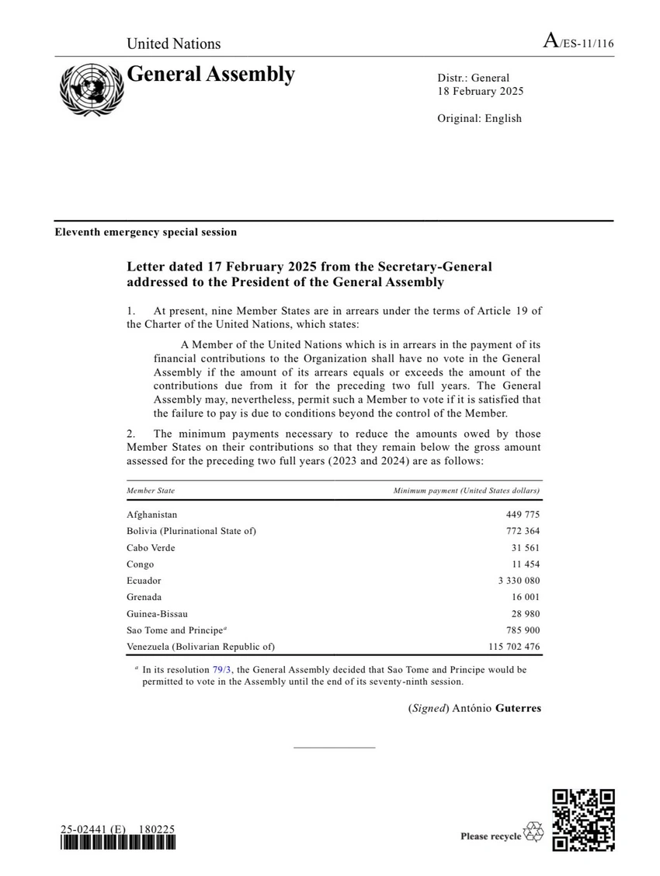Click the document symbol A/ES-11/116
578,43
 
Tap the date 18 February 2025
480,91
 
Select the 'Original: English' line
479,118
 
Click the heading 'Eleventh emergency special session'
145,232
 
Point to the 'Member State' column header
151,490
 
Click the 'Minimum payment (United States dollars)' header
466,490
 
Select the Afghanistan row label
152,515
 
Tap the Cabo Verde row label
151,547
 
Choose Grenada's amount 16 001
525,597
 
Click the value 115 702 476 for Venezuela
509,647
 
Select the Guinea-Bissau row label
157,613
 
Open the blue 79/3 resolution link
221,669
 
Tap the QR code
583,820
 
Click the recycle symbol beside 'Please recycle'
534,832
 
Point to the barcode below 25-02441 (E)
118,846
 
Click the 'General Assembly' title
210,75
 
